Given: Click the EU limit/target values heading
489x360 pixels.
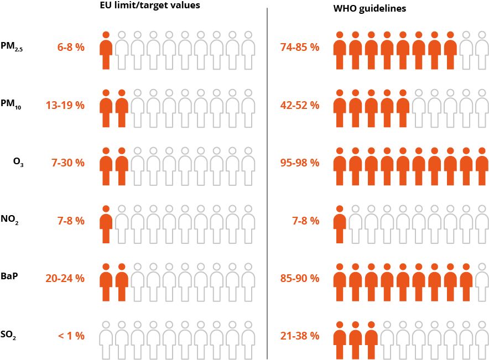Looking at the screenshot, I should click(x=153, y=6).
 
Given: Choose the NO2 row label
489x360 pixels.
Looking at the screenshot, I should click(x=21, y=221).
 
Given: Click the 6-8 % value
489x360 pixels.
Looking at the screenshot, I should click(x=71, y=47).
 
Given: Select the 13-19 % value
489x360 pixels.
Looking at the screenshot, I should click(x=65, y=105).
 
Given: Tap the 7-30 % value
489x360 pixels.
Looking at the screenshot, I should click(x=68, y=163).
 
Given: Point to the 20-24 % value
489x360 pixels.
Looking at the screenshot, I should click(x=65, y=278).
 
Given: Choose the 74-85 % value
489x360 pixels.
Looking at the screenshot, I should click(x=300, y=47).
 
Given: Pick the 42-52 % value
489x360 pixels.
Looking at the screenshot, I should click(x=300, y=105).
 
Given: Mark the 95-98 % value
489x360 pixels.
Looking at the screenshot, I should click(x=300, y=163).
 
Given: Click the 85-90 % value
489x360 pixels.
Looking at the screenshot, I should click(x=300, y=278).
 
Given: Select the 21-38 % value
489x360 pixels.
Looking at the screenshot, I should click(x=300, y=336).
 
